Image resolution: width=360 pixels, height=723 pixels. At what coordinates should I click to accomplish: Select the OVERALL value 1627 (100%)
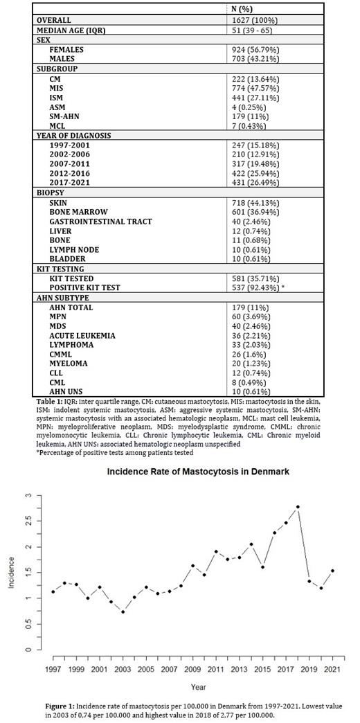click(258, 21)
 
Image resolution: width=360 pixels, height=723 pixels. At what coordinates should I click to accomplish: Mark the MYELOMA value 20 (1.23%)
click(254, 364)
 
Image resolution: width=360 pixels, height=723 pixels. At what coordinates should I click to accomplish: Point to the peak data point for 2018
click(297, 507)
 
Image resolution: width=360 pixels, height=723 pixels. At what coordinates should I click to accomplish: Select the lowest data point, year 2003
click(123, 612)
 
